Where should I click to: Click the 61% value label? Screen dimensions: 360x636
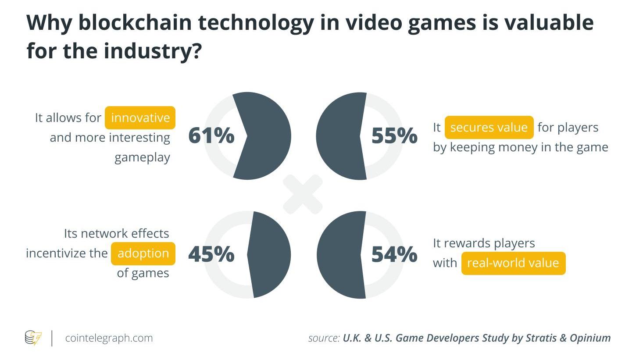click(x=211, y=136)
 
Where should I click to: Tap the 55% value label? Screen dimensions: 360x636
click(x=394, y=136)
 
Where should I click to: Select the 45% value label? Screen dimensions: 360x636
click(x=211, y=254)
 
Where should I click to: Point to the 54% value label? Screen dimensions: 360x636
click(x=394, y=254)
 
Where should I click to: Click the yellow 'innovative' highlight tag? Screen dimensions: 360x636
click(x=140, y=118)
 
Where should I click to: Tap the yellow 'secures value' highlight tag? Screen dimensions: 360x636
click(x=489, y=128)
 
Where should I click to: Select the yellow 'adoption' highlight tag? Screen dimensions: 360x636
click(x=143, y=253)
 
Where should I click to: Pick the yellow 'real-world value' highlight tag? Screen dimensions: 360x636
click(x=513, y=263)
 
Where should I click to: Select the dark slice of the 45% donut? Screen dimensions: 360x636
click(x=270, y=254)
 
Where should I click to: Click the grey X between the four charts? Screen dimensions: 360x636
click(x=303, y=194)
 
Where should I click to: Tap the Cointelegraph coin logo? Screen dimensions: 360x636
click(x=33, y=338)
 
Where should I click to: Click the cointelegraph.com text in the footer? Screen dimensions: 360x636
click(x=109, y=338)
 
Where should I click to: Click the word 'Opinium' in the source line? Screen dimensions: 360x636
click(x=590, y=338)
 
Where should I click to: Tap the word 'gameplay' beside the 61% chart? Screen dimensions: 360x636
click(x=142, y=157)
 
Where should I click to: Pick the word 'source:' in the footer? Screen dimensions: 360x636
click(x=324, y=338)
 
